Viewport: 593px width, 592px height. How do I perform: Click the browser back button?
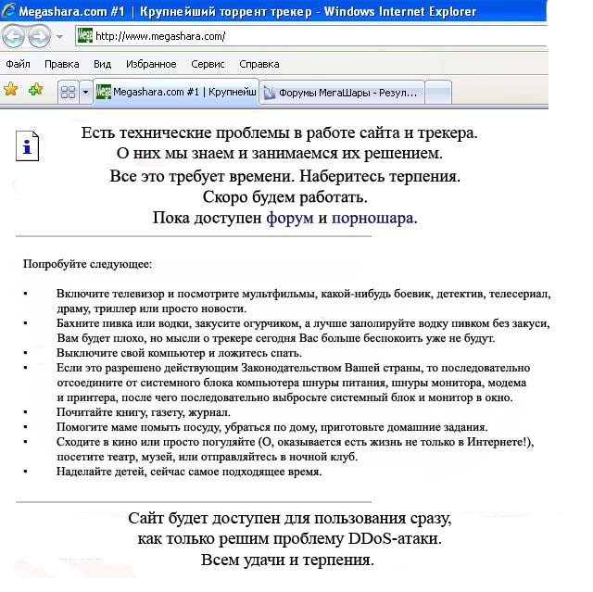point(14,36)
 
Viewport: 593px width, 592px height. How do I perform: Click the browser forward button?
point(39,36)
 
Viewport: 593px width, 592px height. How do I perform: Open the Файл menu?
point(18,64)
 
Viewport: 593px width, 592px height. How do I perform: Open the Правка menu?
point(61,64)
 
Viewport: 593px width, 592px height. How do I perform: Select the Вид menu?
point(102,64)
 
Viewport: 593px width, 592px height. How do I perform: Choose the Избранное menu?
point(150,64)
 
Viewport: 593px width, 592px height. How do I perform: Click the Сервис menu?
point(208,64)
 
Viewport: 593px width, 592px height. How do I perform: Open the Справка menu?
point(259,64)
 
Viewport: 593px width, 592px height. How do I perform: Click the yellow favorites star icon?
point(11,90)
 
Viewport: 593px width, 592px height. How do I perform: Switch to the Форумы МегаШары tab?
point(341,92)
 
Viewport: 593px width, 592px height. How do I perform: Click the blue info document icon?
point(29,146)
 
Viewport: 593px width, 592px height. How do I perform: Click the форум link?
point(290,218)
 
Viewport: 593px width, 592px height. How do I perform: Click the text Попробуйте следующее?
point(87,264)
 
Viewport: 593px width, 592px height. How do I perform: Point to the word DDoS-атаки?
point(392,538)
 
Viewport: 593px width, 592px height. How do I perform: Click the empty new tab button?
point(438,92)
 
